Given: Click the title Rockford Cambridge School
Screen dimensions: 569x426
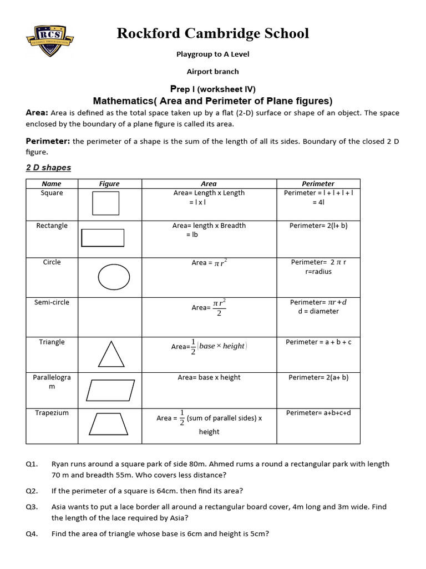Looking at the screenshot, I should click(212, 33).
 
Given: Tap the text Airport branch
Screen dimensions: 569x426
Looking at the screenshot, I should click(212, 71).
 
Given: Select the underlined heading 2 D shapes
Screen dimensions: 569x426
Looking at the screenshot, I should click(48, 167).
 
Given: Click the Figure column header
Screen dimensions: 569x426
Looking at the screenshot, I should click(109, 183).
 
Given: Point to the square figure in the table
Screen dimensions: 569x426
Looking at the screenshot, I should click(105, 203).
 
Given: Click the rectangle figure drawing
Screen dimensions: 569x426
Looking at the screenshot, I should click(103, 238).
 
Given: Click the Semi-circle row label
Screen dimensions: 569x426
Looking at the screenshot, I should click(52, 302).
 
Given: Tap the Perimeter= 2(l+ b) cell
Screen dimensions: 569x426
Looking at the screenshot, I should click(318, 226).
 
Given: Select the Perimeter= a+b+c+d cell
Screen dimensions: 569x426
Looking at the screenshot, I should click(318, 413).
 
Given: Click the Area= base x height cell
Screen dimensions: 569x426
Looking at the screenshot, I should click(209, 377).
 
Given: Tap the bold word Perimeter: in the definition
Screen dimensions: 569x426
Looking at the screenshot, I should click(48, 141).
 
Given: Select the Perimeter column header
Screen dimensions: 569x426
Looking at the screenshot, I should click(318, 183).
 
